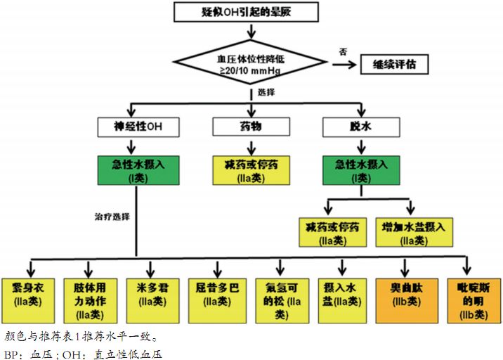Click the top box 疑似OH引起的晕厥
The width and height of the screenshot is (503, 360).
pyautogui.click(x=249, y=12)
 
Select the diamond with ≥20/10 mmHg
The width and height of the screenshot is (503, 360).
pyautogui.click(x=249, y=62)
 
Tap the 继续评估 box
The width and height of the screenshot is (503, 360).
pyautogui.click(x=394, y=65)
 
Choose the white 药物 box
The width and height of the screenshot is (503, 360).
pyautogui.click(x=250, y=127)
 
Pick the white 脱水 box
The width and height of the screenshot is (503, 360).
pyautogui.click(x=362, y=127)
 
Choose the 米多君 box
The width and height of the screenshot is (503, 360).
pyautogui.click(x=152, y=295)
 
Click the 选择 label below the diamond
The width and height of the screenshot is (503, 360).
pyautogui.click(x=266, y=92)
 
